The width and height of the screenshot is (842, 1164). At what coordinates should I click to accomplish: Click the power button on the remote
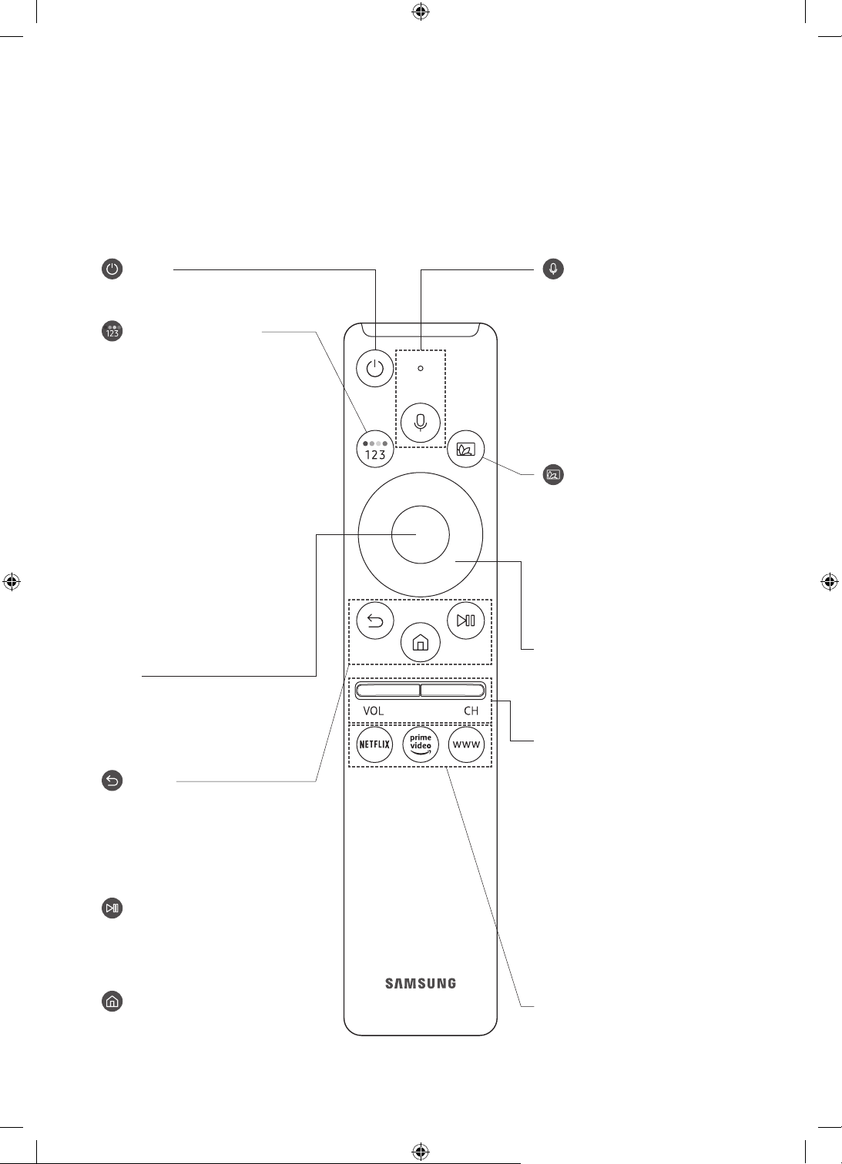pyautogui.click(x=374, y=369)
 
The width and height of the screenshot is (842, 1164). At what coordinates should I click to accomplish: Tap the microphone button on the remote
pyautogui.click(x=420, y=423)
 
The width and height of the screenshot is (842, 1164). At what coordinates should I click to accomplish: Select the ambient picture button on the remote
pyautogui.click(x=465, y=449)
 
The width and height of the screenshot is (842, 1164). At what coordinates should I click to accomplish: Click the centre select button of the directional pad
pyautogui.click(x=420, y=535)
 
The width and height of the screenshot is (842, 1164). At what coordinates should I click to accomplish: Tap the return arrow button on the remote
pyautogui.click(x=375, y=620)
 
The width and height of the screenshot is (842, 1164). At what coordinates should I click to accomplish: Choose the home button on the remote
pyautogui.click(x=420, y=643)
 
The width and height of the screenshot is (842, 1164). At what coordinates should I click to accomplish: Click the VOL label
pyautogui.click(x=374, y=711)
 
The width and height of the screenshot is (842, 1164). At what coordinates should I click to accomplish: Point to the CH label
pyautogui.click(x=471, y=711)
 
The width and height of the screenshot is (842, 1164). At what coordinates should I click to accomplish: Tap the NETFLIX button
pyautogui.click(x=374, y=744)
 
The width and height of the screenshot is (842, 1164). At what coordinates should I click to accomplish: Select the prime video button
pyautogui.click(x=420, y=744)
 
